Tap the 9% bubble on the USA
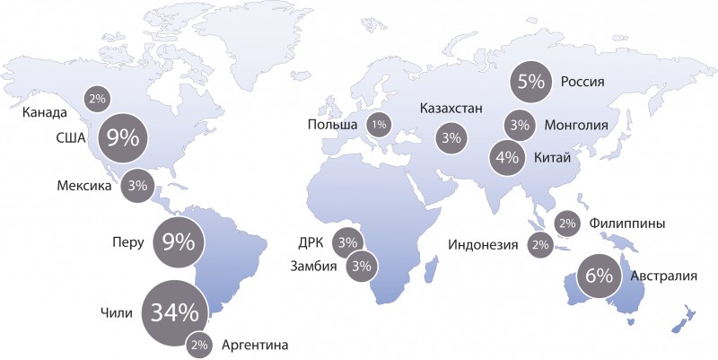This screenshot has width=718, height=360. (123, 139)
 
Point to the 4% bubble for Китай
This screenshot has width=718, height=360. (508, 158)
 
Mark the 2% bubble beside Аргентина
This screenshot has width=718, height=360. (199, 345)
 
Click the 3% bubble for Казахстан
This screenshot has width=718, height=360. (451, 138)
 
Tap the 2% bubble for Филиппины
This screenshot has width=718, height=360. (567, 224)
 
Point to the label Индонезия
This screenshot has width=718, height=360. (483, 244)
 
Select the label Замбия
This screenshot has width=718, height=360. (314, 266)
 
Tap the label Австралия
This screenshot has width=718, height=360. (663, 275)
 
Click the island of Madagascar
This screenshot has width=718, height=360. (431, 268)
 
